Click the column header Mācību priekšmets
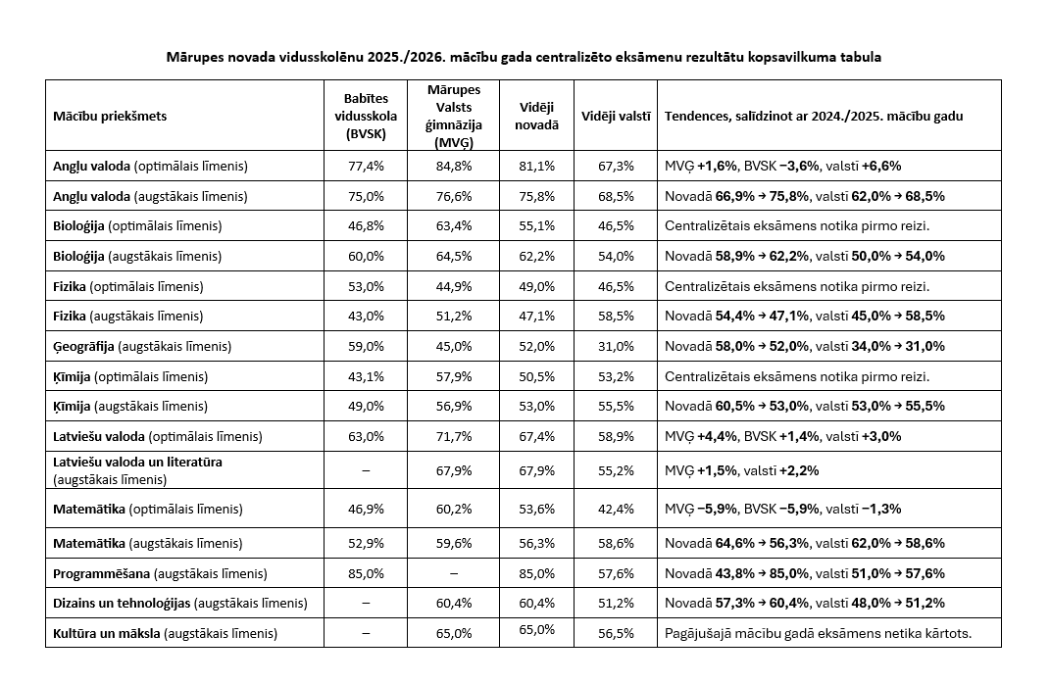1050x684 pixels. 110,116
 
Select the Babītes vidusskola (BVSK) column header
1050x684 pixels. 366,116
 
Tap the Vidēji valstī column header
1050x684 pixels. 616,116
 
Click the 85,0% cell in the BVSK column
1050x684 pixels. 366,573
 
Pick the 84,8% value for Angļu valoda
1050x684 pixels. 453,166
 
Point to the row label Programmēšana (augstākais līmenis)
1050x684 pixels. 160,573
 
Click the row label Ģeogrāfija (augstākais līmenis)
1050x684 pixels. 142,347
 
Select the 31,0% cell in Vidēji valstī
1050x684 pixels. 616,347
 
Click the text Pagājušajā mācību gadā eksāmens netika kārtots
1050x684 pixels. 818,633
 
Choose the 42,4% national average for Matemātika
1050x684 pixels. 616,510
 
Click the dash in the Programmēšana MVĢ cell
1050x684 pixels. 453,573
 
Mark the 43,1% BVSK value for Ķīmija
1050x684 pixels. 366,377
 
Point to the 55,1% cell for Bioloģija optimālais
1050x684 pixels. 536,226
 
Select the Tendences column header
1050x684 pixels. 814,116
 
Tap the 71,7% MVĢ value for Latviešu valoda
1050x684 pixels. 453,437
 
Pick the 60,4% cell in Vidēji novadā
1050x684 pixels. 536,603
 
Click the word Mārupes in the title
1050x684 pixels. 193,57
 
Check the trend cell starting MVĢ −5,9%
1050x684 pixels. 782,510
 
